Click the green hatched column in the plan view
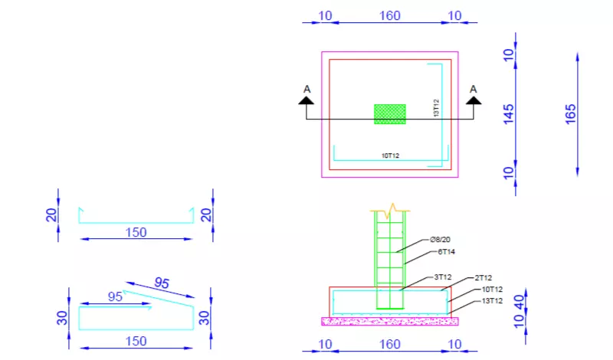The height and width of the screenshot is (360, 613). (389, 114)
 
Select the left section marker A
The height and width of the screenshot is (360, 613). (306, 93)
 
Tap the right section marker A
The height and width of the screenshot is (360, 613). (473, 93)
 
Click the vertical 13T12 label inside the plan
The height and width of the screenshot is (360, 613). (435, 108)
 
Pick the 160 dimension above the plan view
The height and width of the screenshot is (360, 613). (390, 15)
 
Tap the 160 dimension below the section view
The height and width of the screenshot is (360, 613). (390, 344)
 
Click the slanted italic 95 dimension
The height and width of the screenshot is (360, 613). (161, 282)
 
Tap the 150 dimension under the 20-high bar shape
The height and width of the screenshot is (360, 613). (135, 232)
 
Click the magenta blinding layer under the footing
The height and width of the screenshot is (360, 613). (389, 321)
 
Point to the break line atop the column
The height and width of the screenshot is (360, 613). (392, 208)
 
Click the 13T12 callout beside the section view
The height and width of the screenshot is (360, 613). (492, 301)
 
